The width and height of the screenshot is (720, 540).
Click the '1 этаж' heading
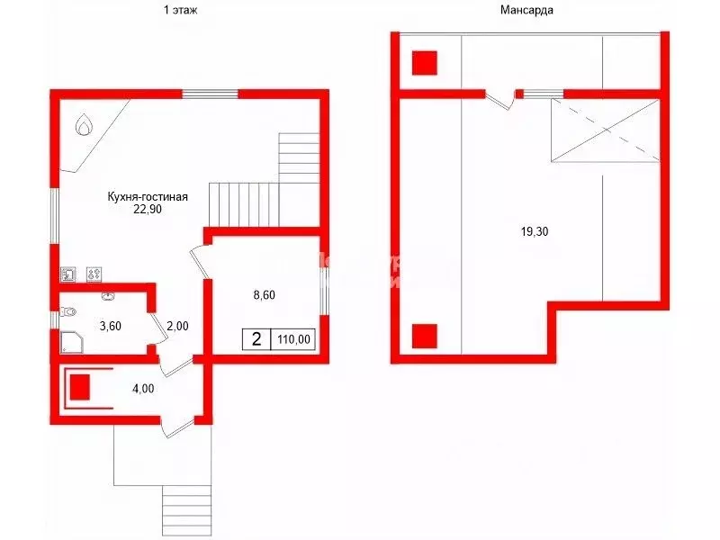180,11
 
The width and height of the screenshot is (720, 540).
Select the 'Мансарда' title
526,11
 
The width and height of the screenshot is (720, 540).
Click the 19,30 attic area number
535,231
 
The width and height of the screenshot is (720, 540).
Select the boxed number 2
256,340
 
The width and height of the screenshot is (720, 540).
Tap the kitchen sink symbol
68,274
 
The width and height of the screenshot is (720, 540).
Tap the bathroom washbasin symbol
108,294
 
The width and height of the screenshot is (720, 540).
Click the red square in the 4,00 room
81,387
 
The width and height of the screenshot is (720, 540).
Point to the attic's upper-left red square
425,62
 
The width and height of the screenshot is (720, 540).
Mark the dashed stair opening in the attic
604,131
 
